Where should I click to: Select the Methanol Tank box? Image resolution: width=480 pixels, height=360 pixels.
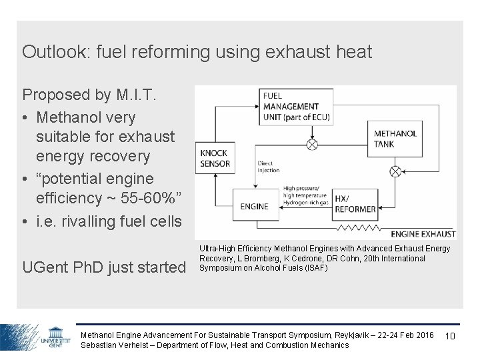[395, 139]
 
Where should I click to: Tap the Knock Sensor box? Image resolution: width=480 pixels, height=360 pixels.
[215, 158]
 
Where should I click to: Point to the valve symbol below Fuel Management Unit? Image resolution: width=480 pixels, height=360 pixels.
[311, 145]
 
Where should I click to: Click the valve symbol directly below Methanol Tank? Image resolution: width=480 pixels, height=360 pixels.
[395, 171]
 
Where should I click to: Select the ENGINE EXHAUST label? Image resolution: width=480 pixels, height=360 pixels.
[423, 234]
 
